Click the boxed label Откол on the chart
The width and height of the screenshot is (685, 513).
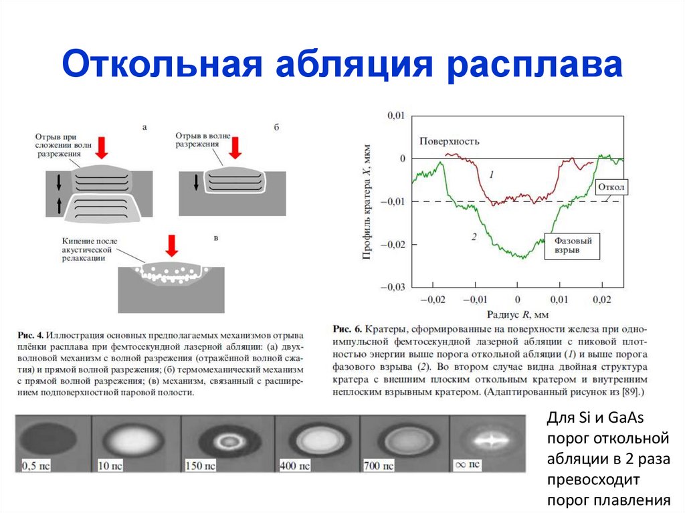click(x=610, y=188)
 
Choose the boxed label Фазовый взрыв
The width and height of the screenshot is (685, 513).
click(x=572, y=245)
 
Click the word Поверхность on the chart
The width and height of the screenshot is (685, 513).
click(x=449, y=141)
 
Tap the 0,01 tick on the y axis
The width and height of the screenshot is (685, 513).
click(x=396, y=116)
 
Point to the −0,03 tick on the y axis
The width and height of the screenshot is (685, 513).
click(x=393, y=287)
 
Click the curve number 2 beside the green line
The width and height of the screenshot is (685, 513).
click(x=473, y=237)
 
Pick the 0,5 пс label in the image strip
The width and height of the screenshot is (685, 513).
click(x=37, y=464)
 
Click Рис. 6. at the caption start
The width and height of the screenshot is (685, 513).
click(x=346, y=329)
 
